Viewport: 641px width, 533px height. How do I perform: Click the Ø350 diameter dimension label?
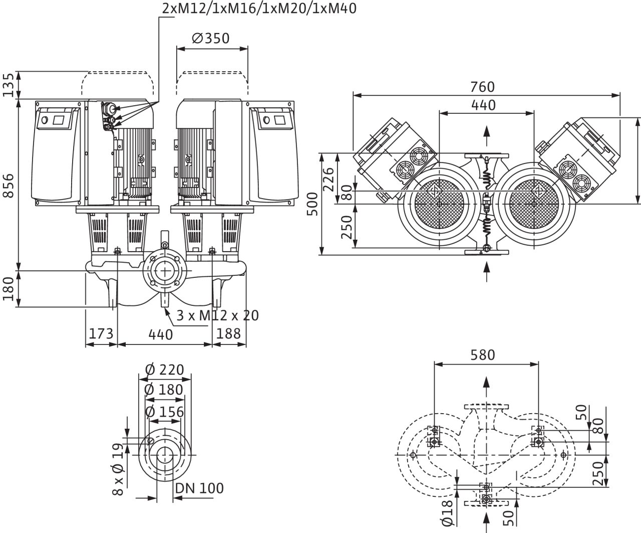pos(210,39)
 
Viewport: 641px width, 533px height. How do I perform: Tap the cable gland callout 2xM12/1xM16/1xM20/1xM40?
pos(259,9)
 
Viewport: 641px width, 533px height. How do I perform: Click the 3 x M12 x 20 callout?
pos(217,315)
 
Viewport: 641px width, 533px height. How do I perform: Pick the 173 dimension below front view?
pos(101,334)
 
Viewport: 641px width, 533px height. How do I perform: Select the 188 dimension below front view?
pos(229,334)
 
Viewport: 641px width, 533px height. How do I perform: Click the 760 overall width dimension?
pos(483,87)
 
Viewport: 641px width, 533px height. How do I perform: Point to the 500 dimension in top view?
pos(312,204)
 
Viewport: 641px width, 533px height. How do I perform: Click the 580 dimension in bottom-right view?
pos(483,355)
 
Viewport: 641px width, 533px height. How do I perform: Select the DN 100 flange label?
pos(200,488)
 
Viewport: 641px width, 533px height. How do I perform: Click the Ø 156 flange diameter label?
pos(165,412)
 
